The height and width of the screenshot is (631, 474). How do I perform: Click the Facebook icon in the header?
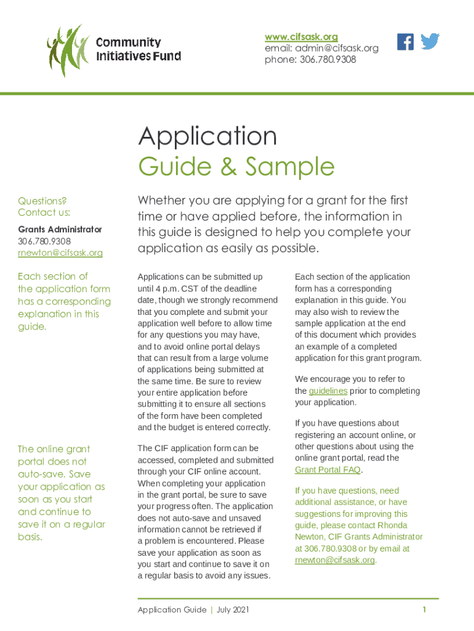pos(406,42)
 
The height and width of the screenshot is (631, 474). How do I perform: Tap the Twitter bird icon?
pos(430,42)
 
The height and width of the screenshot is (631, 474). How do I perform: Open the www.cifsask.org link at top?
pos(301,37)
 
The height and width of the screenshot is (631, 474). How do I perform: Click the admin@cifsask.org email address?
pos(337,48)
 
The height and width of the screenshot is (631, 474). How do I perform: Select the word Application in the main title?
pos(208,136)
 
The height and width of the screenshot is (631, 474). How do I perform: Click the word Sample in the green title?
pos(289,166)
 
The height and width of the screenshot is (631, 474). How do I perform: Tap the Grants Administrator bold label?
pos(60,229)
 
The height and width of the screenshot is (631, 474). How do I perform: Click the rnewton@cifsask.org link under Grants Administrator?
pos(60,253)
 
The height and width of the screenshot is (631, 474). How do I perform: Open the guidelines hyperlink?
pos(328,391)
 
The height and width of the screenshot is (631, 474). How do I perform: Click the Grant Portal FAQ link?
pos(327,470)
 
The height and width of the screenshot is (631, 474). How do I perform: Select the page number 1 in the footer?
pos(424,610)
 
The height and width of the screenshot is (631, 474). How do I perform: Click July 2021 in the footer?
pos(233,610)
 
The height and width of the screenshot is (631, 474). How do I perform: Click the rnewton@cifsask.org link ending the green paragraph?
pos(334,560)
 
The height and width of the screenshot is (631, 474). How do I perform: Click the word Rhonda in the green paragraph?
pos(403,525)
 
